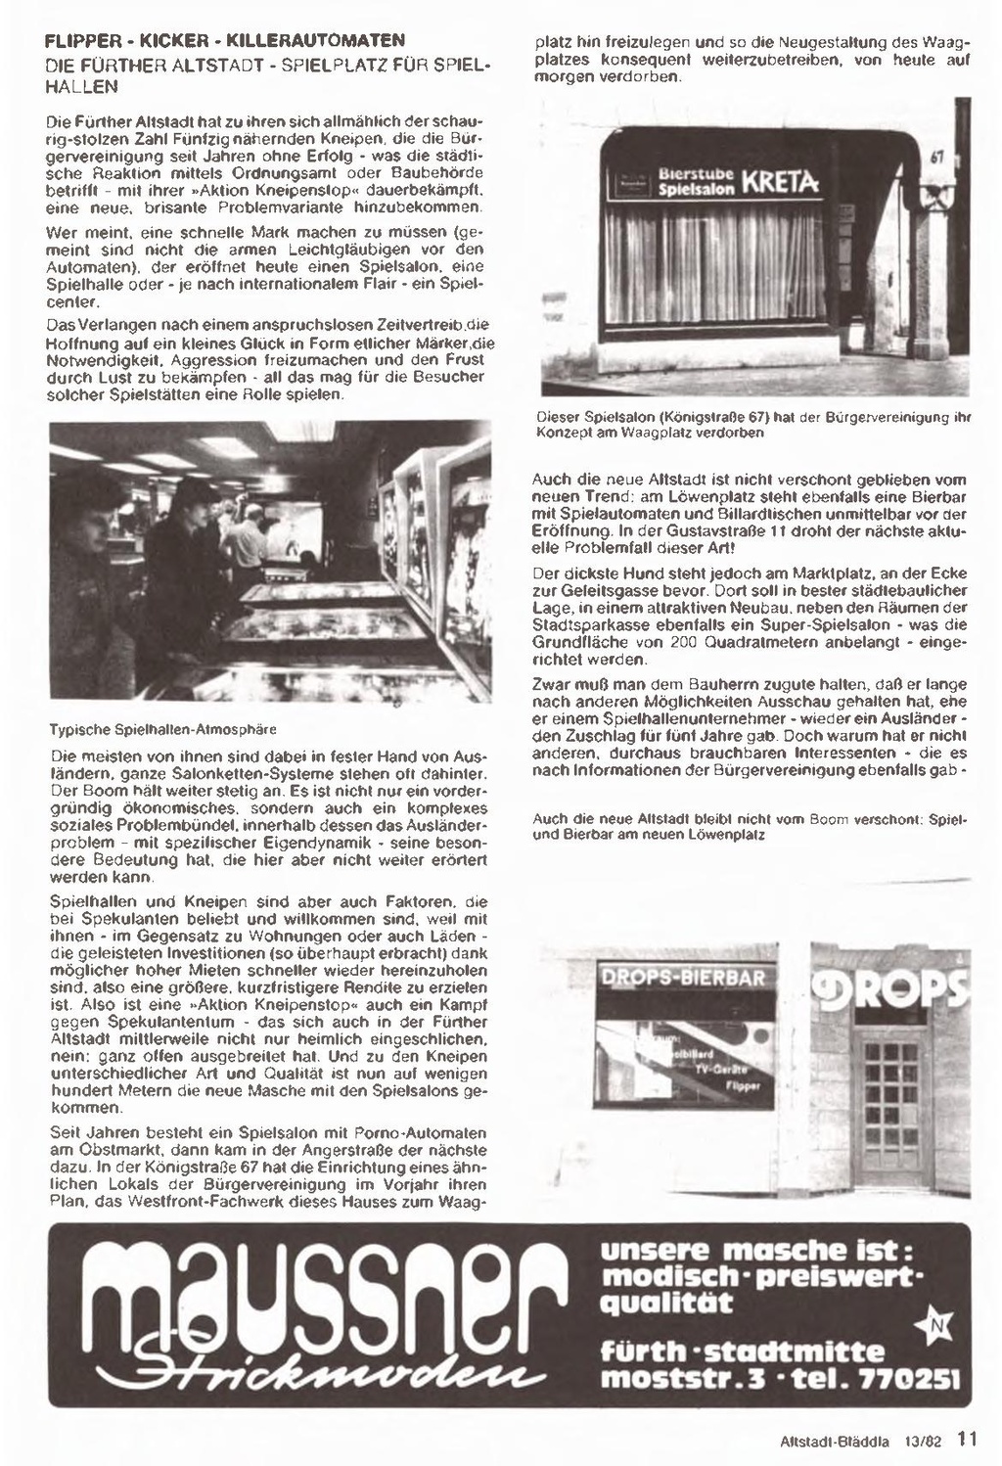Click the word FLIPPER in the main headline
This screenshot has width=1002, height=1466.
[x=81, y=42]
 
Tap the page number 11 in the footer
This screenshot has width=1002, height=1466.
[x=967, y=1439]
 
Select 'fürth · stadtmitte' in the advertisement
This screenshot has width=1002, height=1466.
[x=742, y=1352]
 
